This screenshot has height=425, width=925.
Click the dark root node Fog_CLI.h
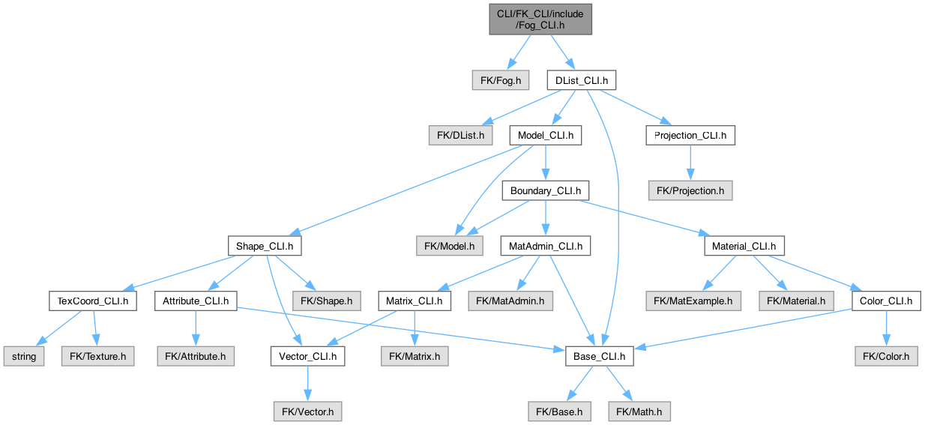540,19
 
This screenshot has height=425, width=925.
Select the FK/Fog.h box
501,80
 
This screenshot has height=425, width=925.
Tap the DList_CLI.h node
582,80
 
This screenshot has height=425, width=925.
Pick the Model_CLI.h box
546,136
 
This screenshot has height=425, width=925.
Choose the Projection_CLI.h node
690,136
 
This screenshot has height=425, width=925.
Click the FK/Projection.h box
690,191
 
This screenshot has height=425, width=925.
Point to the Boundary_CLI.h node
546,191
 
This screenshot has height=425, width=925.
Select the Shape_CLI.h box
265,246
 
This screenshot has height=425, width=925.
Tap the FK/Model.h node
450,246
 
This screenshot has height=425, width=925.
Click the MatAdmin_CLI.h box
546,246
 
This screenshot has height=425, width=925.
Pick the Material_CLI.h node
744,246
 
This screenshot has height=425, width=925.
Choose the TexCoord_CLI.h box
93,301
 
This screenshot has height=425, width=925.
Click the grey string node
24,357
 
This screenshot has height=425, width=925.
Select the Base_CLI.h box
600,357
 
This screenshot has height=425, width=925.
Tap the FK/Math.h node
639,412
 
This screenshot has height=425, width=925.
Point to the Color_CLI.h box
886,301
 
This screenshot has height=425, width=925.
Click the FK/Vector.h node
307,412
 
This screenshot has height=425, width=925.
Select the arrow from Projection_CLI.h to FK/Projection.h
690,163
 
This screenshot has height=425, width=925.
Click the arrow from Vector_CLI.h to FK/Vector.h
307,384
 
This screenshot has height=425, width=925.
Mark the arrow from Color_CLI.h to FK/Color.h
886,329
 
